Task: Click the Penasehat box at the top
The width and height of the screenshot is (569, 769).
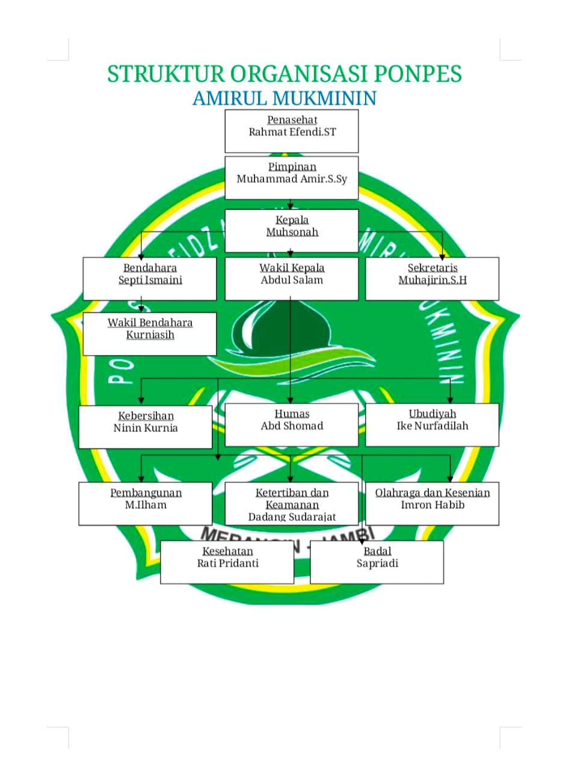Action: click(x=292, y=131)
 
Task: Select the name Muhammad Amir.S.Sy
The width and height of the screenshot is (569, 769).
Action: click(x=292, y=179)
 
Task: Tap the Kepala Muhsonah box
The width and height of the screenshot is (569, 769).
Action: click(x=292, y=231)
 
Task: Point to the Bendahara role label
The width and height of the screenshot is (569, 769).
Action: click(x=150, y=268)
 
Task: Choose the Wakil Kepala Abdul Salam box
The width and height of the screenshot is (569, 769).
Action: click(x=292, y=279)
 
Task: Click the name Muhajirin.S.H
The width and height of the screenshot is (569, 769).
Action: click(x=432, y=280)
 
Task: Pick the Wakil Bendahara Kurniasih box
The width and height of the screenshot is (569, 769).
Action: click(x=150, y=333)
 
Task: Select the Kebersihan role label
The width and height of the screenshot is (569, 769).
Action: click(x=146, y=416)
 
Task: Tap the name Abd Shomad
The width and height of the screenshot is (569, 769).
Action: click(x=292, y=426)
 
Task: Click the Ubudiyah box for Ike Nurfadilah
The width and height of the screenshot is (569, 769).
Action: click(x=432, y=425)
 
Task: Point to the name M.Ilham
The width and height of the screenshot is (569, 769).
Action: click(x=146, y=505)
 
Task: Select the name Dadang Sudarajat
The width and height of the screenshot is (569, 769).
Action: click(x=292, y=517)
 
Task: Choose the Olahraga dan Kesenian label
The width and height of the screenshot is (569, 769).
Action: click(x=432, y=493)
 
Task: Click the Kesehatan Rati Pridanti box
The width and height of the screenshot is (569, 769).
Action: click(x=227, y=562)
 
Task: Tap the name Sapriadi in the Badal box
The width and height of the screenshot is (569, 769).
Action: click(x=377, y=564)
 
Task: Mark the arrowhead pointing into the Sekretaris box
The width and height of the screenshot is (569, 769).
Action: click(x=443, y=254)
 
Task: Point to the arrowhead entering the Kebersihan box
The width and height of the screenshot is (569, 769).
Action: click(x=141, y=400)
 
